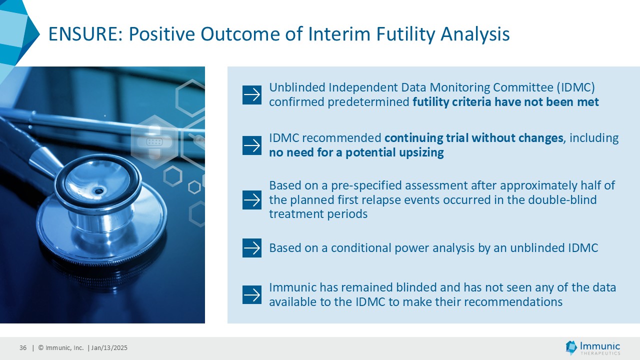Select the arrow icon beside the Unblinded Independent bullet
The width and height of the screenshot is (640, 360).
coord(251,95)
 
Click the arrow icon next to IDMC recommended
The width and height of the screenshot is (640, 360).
coord(251,145)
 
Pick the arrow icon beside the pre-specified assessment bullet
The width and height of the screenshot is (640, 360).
coord(251,199)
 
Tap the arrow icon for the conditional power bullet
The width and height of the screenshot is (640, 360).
coord(251,247)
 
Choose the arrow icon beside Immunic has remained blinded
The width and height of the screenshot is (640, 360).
coord(251,294)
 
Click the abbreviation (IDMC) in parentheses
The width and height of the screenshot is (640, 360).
coord(575,87)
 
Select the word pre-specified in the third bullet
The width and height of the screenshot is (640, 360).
coord(366,185)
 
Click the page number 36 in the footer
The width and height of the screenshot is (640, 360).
coord(23,347)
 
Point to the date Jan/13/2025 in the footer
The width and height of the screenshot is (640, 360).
coord(109,347)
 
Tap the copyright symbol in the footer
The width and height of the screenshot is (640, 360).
coord(41,347)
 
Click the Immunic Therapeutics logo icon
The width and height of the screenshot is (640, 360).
coord(571,347)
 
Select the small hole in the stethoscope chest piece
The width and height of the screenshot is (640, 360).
coord(99,191)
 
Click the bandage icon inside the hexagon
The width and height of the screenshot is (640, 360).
coord(154,141)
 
